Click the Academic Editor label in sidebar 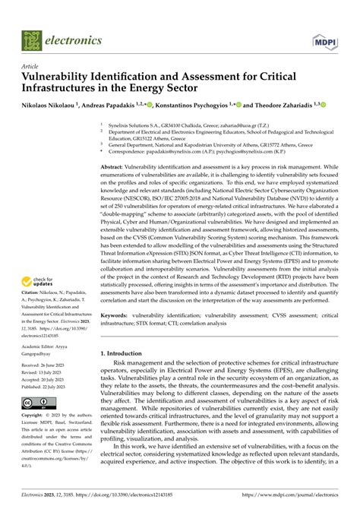point(46,345)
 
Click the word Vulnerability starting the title point(61,77)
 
